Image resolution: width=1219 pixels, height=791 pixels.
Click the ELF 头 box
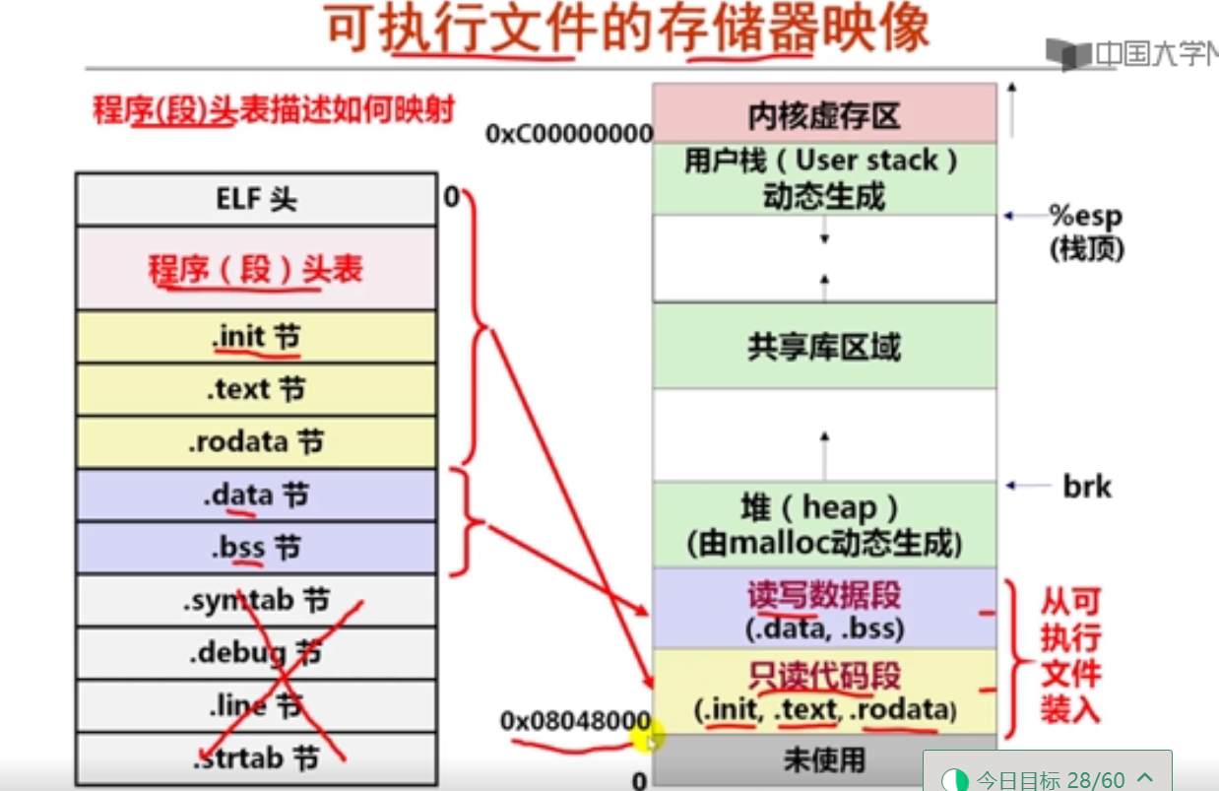(256, 200)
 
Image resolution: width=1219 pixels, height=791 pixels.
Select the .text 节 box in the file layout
(256, 390)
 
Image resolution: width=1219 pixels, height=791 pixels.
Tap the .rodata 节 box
(256, 442)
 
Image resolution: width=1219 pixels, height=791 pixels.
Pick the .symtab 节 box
(256, 600)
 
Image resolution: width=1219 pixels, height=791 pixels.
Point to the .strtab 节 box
(256, 758)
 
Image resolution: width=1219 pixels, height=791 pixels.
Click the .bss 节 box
(256, 548)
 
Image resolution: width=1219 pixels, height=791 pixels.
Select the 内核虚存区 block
(823, 116)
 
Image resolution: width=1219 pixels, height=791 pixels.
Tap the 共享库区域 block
(823, 347)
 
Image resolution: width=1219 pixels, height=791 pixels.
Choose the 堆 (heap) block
(823, 524)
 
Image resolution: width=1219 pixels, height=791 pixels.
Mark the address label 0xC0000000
(569, 134)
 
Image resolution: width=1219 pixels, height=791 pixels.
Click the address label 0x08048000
(575, 721)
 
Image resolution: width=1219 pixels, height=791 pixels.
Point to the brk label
(1087, 486)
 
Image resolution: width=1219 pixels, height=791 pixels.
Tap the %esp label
(1085, 217)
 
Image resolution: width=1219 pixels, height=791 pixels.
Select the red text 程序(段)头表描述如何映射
(274, 110)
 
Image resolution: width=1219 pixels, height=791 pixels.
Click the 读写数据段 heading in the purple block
(823, 595)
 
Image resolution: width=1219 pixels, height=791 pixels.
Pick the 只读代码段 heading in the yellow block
(823, 676)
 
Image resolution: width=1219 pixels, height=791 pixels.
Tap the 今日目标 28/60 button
(1048, 779)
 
